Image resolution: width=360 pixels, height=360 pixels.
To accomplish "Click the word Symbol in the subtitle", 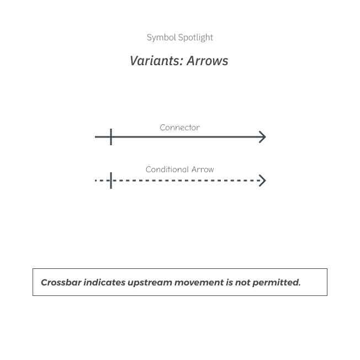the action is click(161, 38).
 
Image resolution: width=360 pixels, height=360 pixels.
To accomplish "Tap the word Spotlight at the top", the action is click(195, 38).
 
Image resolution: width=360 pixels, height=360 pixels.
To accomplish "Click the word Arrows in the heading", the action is click(207, 61).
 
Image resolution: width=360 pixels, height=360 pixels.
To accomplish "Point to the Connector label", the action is click(180, 128).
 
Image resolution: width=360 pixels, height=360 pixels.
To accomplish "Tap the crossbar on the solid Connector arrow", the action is click(111, 137).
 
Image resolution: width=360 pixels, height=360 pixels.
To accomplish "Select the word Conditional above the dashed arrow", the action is click(167, 170).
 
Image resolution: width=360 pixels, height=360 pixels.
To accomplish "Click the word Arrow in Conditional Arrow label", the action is click(203, 170).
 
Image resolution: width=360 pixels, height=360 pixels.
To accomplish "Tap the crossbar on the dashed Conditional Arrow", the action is click(111, 181).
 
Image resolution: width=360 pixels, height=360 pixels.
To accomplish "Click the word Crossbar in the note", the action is click(61, 282).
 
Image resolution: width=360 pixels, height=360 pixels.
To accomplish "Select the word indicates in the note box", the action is click(104, 282).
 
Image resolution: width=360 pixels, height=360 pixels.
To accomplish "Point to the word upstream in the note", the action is click(150, 283).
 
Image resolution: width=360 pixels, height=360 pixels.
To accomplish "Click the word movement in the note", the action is click(199, 283).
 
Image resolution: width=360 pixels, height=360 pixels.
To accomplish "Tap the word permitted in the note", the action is click(277, 283).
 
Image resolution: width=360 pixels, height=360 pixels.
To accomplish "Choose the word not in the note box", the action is click(243, 283).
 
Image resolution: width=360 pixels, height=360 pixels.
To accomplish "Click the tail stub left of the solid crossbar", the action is click(102, 137).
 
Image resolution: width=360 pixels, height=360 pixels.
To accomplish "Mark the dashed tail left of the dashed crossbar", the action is click(102, 181).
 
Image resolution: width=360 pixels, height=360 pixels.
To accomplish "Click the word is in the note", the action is click(230, 282).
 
